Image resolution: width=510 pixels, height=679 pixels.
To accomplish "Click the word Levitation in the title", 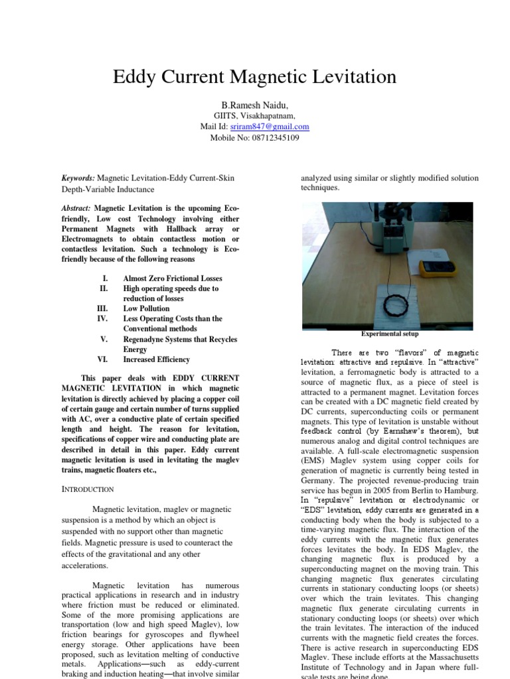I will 350,77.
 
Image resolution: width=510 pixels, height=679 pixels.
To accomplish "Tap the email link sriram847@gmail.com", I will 269,126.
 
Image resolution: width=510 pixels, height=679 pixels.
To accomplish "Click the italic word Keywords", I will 78,178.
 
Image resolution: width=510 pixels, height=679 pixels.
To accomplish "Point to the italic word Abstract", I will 76,208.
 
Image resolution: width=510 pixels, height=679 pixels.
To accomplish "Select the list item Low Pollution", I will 146,308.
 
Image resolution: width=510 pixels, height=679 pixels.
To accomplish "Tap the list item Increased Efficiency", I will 156,359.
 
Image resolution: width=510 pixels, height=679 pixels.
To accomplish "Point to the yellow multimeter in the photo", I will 437,267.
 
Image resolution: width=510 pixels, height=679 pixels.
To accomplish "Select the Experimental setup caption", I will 390,334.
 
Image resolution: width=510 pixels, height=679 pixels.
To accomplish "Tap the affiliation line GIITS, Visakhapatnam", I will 254,115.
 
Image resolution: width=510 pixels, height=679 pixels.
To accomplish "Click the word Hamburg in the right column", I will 460,491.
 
